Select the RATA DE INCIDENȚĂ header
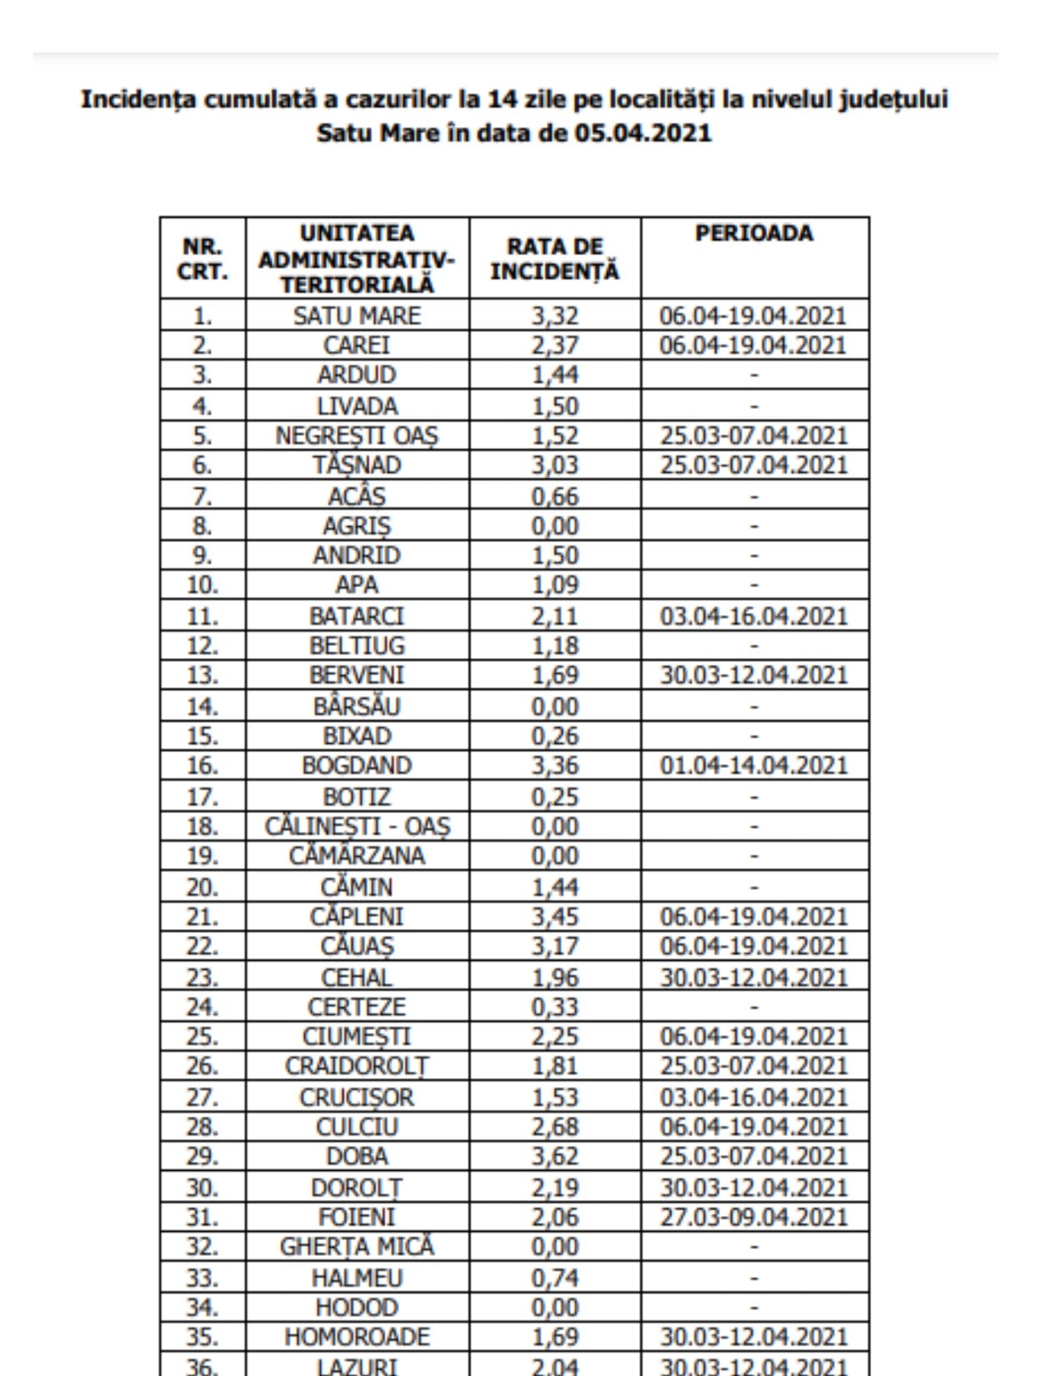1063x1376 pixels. tap(554, 259)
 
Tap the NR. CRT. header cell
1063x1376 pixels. tap(203, 259)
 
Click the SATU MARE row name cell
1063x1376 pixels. tap(357, 316)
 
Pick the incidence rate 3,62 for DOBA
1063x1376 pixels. tap(554, 1157)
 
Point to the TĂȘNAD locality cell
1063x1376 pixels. tap(357, 465)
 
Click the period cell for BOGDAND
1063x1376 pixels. tap(754, 766)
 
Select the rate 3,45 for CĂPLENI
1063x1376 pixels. tap(554, 916)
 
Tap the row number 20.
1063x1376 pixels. tap(203, 886)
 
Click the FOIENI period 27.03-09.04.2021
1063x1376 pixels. tap(754, 1217)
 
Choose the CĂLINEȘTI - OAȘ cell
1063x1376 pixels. tap(357, 826)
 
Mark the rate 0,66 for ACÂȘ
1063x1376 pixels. tap(554, 496)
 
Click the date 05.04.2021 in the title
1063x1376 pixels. tap(643, 133)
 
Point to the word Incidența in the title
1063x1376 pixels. tap(138, 99)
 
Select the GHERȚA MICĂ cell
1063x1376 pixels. tap(357, 1247)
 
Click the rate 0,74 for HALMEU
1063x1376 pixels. tap(554, 1278)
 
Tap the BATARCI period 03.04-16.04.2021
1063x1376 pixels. tap(754, 616)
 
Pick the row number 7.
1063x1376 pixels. tap(203, 496)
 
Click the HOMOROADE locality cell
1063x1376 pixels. tap(357, 1337)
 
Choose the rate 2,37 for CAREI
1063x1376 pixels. tap(554, 345)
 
